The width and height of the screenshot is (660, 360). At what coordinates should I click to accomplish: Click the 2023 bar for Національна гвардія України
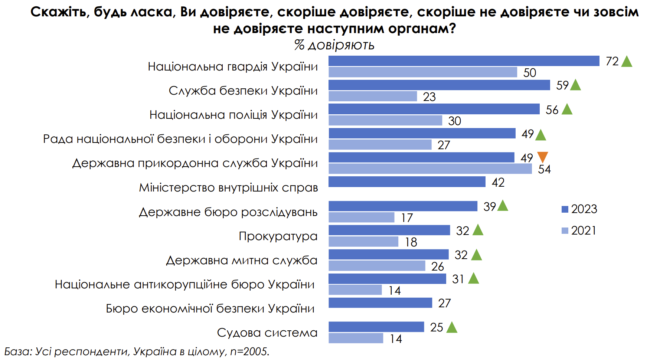(464, 61)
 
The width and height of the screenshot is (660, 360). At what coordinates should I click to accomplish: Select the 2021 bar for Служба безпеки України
(373, 96)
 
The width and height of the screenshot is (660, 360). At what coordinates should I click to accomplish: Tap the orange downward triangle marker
(542, 157)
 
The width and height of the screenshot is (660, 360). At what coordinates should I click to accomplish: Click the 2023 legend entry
(579, 209)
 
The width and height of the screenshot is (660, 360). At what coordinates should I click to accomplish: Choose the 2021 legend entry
(579, 230)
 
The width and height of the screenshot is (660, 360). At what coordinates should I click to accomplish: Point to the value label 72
(612, 61)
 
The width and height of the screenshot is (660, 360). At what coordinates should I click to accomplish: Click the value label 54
(544, 169)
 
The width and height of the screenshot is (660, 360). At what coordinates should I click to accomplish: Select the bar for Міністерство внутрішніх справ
(407, 182)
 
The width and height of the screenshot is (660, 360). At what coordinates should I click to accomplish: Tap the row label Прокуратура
(278, 236)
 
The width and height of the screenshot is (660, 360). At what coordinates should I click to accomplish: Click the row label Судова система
(267, 333)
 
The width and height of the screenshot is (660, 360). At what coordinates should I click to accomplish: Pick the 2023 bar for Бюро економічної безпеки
(380, 303)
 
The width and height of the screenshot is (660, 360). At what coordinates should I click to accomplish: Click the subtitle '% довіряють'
(334, 45)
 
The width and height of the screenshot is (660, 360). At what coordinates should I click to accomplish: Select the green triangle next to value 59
(575, 85)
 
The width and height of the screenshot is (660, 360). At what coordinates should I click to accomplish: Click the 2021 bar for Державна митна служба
(377, 266)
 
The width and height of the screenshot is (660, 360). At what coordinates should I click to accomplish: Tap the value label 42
(498, 182)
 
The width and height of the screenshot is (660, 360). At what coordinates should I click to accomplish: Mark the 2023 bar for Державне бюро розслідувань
(403, 206)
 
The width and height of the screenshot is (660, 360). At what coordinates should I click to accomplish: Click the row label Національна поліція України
(233, 115)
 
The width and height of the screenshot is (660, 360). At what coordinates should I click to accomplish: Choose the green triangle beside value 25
(452, 327)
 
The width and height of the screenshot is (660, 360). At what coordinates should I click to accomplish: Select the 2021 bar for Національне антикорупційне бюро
(355, 290)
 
